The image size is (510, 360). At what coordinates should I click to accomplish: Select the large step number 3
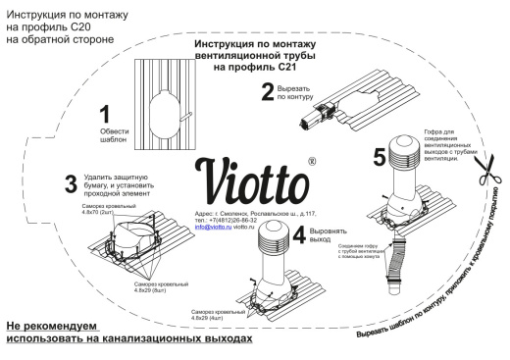coord(41,182)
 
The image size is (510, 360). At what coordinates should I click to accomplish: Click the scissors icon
coord(484,183)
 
